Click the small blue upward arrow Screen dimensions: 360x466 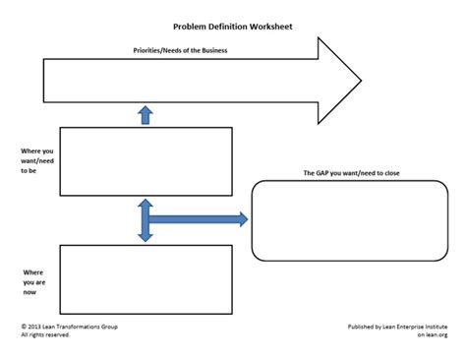click(146, 115)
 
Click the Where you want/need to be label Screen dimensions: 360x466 click(37, 159)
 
